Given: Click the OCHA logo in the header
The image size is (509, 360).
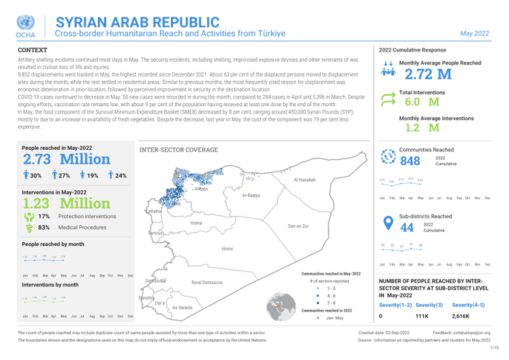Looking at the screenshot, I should pos(25,26).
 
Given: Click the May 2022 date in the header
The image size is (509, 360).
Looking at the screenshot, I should pos(474,33).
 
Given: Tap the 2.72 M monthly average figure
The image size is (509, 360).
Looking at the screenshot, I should pos(428,74).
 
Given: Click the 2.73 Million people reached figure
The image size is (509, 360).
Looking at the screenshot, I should pos(67,159).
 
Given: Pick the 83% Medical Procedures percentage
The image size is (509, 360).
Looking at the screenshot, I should pos(44,228).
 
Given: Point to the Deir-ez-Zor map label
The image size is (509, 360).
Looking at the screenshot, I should pos(298,226).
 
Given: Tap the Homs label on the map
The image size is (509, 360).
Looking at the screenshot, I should pos(227,249).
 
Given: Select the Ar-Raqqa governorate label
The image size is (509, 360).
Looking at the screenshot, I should pos(251,196).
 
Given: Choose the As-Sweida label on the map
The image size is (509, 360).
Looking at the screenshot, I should pos(183,308).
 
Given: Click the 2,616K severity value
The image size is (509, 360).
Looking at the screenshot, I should pos(461,317).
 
